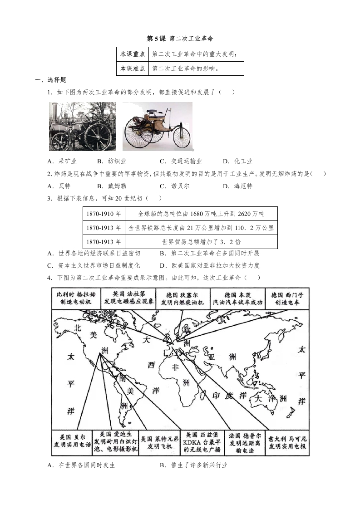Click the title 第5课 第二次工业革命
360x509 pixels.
coord(180,39)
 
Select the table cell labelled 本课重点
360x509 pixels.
coord(133,54)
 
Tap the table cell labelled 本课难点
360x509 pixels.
coord(133,69)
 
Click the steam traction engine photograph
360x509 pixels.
coord(83,126)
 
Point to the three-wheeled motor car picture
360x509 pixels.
coord(157,126)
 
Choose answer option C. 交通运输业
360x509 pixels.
coord(181,161)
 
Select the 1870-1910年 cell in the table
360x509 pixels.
coord(104,214)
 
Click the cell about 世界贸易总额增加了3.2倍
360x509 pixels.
coord(201,242)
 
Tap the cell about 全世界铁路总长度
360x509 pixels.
coord(201,228)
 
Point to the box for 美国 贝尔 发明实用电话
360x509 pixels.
coord(72,442)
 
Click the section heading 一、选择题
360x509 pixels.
coord(51,80)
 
